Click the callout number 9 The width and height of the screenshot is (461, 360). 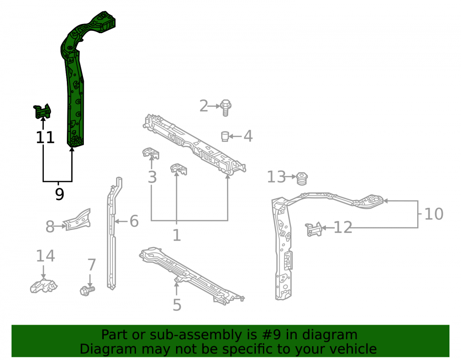pos(59,194)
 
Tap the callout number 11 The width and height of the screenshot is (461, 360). pos(45,137)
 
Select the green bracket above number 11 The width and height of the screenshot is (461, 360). pos(42,111)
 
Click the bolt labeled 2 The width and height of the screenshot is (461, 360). pos(225,107)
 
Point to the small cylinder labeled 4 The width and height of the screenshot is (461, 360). pos(225,136)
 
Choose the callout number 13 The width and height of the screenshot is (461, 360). pos(276,177)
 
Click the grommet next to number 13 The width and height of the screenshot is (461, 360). pos(301,179)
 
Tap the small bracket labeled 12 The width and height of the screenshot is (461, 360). pos(313,229)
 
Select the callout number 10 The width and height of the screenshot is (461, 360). pos(434,214)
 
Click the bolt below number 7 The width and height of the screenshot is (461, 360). pos(87,291)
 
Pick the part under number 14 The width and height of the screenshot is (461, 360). pos(44,286)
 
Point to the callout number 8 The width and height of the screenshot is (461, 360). pos(50,227)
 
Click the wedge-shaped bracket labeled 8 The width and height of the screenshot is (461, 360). pos(77,220)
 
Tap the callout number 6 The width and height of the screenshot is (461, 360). pos(134,221)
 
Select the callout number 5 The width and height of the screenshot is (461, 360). pos(177,305)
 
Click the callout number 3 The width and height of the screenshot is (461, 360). pos(152,177)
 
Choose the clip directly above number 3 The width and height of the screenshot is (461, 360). pos(151,153)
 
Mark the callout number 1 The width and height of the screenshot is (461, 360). pos(177,236)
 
